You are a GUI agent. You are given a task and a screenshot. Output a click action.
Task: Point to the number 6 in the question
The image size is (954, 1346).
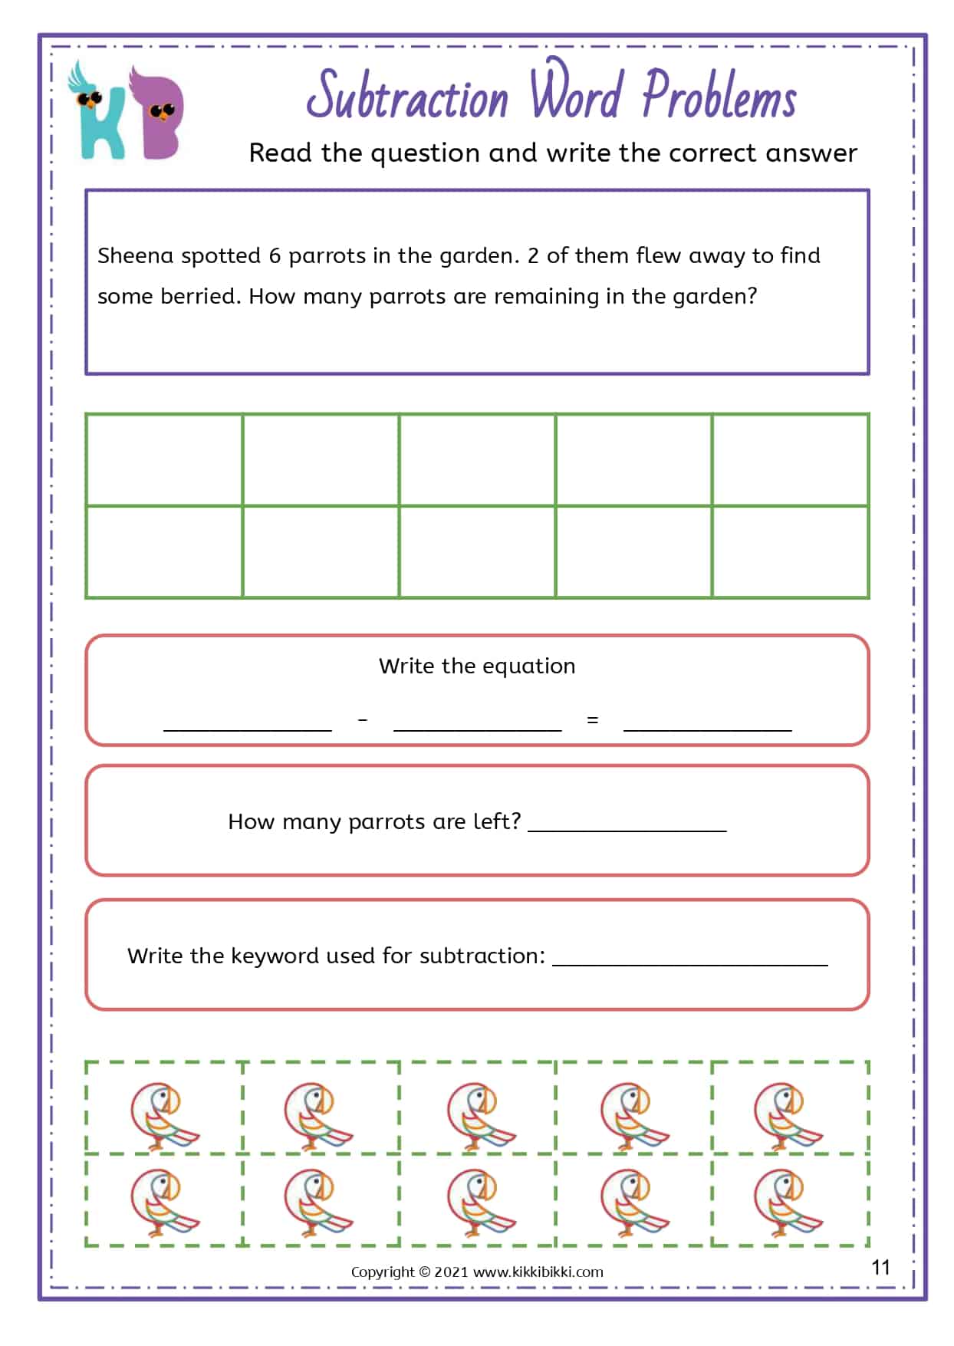[x=275, y=255]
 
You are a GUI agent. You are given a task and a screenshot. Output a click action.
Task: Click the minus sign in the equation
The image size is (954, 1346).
[x=363, y=720]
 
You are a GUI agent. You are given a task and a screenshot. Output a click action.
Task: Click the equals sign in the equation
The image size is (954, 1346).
[x=592, y=720]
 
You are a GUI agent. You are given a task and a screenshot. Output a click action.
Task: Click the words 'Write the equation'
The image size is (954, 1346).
[x=477, y=666]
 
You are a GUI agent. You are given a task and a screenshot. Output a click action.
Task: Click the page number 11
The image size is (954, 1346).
[x=880, y=1267]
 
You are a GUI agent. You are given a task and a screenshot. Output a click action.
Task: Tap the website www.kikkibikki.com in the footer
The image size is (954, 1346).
[x=538, y=1272]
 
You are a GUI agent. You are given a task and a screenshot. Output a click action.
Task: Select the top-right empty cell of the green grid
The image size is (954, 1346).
[x=790, y=460]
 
